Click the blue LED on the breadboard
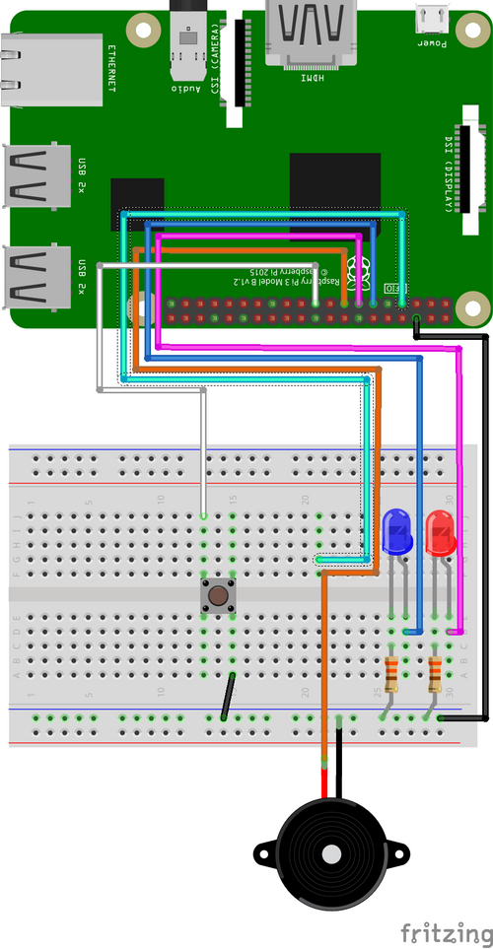(396, 532)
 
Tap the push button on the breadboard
(216, 595)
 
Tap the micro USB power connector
(430, 18)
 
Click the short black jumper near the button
(228, 697)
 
